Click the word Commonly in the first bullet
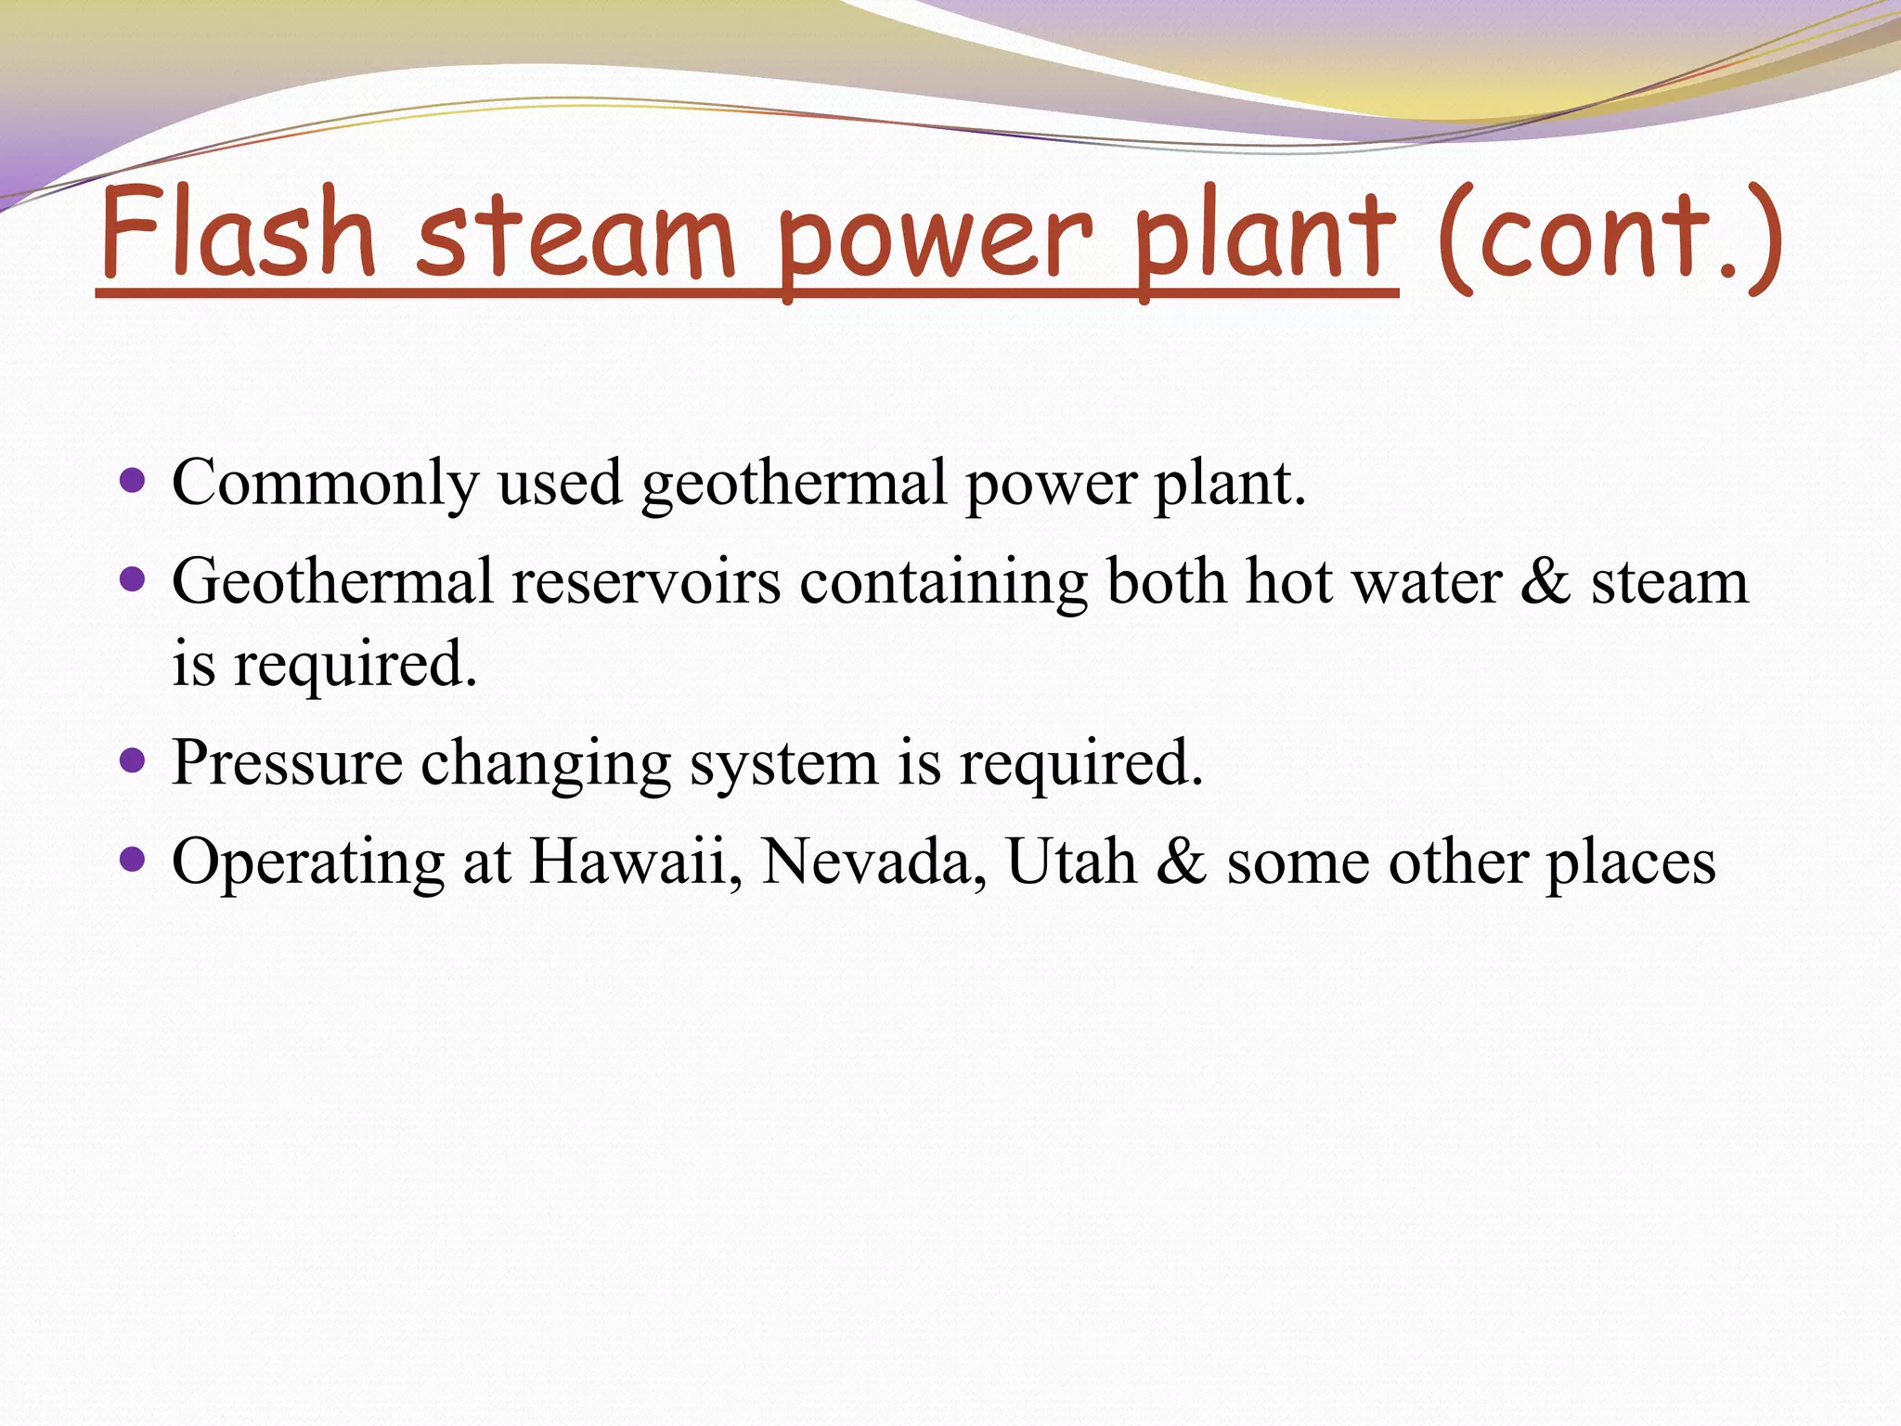[x=325, y=483]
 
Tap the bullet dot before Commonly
[x=134, y=480]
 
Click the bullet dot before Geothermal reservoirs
[x=134, y=580]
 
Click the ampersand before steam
[x=1546, y=583]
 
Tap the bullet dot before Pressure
[x=134, y=761]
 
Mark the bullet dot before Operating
[x=134, y=860]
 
